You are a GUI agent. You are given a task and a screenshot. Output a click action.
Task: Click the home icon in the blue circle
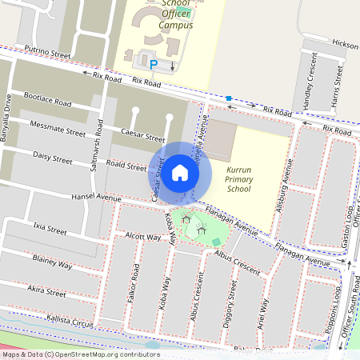(180, 172)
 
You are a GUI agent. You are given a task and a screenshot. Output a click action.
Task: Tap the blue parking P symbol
(153, 63)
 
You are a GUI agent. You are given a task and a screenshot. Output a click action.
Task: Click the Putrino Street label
(48, 52)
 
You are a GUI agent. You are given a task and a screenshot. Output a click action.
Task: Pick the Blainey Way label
(53, 263)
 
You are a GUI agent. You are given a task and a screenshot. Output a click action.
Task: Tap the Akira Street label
(46, 293)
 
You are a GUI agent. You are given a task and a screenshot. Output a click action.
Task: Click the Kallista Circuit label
(71, 321)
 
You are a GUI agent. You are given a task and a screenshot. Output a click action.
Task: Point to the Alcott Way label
(143, 237)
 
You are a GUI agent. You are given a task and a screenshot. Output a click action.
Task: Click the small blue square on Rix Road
(229, 98)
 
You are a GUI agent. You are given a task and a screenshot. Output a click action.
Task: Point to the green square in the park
(216, 242)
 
